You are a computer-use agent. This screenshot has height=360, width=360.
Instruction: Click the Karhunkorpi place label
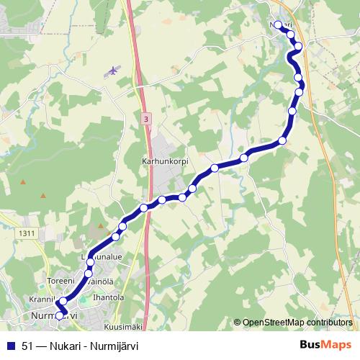tap(165, 162)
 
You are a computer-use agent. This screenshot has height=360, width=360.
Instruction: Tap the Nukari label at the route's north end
tap(281, 24)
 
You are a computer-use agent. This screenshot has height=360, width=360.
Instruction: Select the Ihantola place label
tap(109, 297)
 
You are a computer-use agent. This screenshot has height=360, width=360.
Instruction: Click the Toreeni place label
tap(60, 282)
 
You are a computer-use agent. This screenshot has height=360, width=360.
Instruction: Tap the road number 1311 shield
tap(28, 233)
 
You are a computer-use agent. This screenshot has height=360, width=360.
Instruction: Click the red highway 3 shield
tap(146, 118)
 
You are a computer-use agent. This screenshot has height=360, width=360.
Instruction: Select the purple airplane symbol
tap(112, 71)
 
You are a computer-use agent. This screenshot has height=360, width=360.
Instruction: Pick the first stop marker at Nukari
tap(277, 24)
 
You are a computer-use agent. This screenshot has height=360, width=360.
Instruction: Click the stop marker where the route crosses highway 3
tap(144, 207)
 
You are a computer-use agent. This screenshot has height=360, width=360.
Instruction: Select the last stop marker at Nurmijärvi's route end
tap(60, 315)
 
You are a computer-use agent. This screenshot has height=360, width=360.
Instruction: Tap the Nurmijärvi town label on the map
tap(54, 315)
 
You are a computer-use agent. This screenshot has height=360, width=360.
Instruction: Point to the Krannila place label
tap(43, 299)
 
